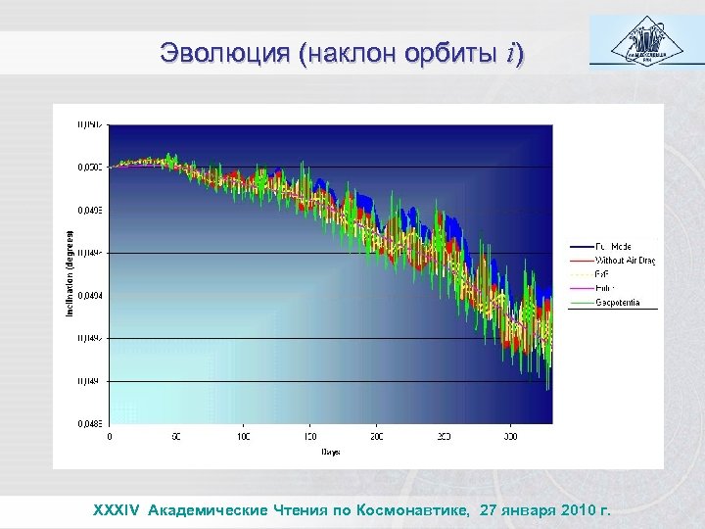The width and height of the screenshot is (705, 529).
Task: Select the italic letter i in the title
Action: (x=512, y=55)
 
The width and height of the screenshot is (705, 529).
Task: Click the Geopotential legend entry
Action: (x=618, y=303)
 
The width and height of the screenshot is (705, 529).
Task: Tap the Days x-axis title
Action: (x=329, y=453)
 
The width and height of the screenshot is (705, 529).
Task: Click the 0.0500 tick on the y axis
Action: (x=90, y=168)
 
